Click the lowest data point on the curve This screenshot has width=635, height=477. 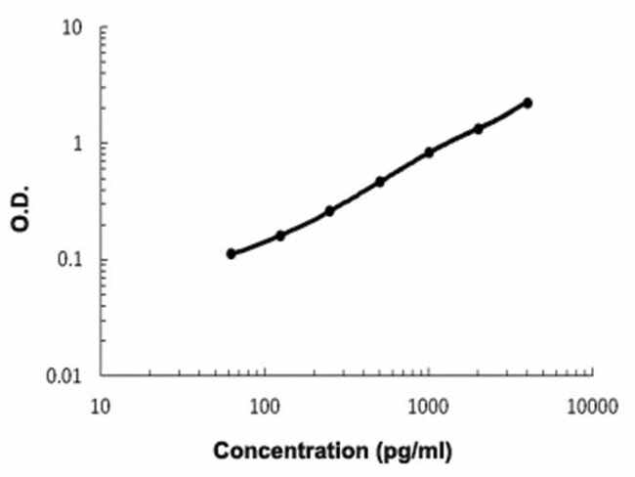pyautogui.click(x=231, y=253)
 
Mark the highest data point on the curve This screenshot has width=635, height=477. pyautogui.click(x=528, y=103)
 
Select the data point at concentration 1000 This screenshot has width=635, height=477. pyautogui.click(x=429, y=152)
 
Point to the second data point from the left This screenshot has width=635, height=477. pyautogui.click(x=280, y=236)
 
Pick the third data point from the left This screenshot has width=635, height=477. pyautogui.click(x=329, y=210)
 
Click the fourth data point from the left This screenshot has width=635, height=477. pyautogui.click(x=379, y=182)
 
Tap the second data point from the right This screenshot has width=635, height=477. pyautogui.click(x=479, y=128)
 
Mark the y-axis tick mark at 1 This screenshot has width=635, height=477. pyautogui.click(x=102, y=144)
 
